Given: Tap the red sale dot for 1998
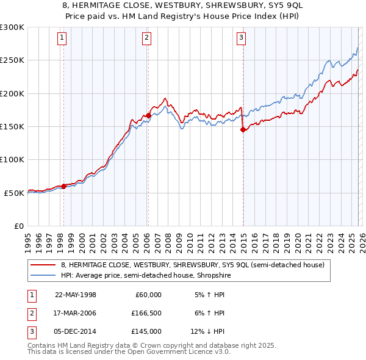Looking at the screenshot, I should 63,186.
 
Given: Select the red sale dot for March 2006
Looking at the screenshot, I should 148,115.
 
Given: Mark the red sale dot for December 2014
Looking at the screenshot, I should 242,129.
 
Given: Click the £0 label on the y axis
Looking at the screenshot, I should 18,226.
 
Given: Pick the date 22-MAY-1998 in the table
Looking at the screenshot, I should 76,295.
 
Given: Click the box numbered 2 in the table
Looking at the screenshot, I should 30,313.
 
